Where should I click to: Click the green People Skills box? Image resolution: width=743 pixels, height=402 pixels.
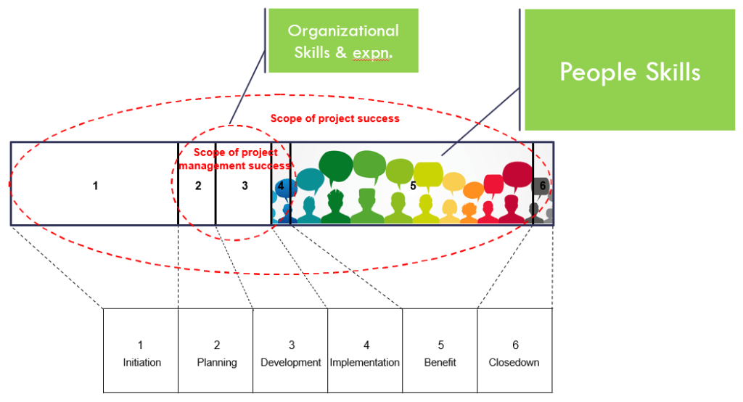[629, 70]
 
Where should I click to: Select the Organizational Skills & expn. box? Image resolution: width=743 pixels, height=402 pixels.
[342, 41]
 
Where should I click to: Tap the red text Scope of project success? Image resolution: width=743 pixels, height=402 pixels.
[334, 118]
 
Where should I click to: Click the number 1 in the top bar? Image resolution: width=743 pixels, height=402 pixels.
[95, 186]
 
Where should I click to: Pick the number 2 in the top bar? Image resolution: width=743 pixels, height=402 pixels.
[198, 186]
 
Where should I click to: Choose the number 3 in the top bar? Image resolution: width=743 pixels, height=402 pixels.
[245, 186]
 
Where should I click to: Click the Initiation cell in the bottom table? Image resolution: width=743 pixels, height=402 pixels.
[141, 351]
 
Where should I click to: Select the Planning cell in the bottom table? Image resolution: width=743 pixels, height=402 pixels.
[215, 351]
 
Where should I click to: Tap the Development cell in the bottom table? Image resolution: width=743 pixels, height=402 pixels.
[290, 351]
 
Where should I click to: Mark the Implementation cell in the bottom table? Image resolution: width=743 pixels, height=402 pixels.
[365, 351]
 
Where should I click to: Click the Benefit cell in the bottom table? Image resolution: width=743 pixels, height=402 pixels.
[440, 351]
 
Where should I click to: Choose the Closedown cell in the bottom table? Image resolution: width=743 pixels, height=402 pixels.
[514, 351]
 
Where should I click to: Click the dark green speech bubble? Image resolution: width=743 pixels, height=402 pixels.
[334, 167]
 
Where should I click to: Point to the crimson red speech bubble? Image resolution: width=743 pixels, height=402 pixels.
[517, 175]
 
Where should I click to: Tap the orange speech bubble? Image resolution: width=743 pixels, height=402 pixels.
[473, 191]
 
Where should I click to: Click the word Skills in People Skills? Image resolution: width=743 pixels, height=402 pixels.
[666, 72]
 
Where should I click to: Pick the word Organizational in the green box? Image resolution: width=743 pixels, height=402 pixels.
[343, 30]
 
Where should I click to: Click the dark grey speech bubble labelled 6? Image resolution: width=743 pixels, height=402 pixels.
[541, 186]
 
